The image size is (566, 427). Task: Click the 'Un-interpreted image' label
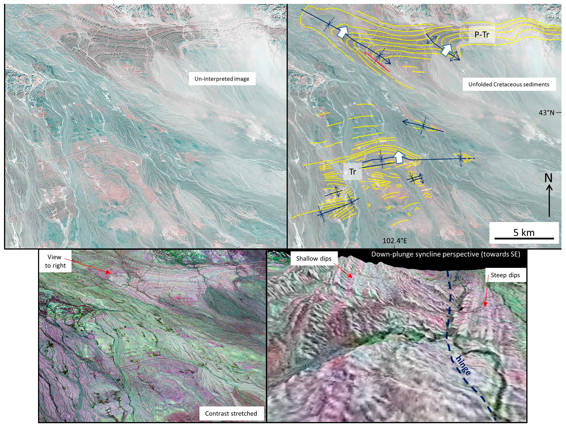click(222, 79)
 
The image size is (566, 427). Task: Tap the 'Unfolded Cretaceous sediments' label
click(509, 84)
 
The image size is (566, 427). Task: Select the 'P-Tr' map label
click(482, 34)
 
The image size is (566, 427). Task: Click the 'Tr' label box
click(353, 172)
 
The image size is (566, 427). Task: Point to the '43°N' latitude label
click(546, 113)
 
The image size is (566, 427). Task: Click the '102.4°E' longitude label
click(394, 241)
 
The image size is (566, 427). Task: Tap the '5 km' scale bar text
click(524, 233)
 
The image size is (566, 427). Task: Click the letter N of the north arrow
click(548, 178)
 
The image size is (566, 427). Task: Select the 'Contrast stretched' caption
click(231, 413)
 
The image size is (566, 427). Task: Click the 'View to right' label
click(55, 261)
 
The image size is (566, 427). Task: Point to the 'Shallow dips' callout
click(314, 259)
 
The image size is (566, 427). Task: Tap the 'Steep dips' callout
click(505, 275)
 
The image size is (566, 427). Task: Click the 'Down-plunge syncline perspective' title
click(445, 254)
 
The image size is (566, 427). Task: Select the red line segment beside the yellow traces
click(377, 62)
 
